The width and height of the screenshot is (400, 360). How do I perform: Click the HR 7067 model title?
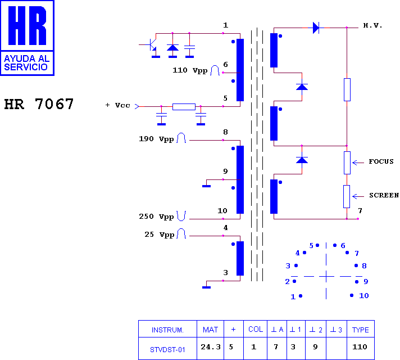click(39, 104)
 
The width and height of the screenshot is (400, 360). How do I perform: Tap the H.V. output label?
click(372, 25)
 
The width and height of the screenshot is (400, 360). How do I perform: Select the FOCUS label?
click(381, 161)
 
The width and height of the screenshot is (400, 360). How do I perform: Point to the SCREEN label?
click(384, 195)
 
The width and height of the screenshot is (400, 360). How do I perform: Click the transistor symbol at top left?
click(152, 44)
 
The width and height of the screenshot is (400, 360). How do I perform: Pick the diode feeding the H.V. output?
click(316, 28)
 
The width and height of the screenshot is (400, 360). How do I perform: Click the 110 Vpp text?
click(190, 70)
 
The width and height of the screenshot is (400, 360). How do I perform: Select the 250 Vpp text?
click(156, 217)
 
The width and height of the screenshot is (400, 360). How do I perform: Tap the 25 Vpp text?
click(160, 235)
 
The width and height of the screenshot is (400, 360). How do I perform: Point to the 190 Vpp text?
click(156, 139)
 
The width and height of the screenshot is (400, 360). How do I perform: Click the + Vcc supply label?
click(117, 105)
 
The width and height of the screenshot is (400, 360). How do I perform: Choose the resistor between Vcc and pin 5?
click(184, 106)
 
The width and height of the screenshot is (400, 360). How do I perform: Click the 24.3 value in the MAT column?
click(211, 347)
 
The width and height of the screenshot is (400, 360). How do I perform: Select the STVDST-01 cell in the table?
click(167, 349)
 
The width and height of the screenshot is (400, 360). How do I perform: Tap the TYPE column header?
click(361, 330)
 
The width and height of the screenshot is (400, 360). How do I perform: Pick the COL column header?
click(256, 329)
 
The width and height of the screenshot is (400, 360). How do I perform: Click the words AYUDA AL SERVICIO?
click(27, 63)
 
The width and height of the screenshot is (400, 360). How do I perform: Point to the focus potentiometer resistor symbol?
click(347, 163)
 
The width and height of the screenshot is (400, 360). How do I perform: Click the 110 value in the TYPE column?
click(360, 347)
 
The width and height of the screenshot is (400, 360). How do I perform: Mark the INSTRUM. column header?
click(167, 330)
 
